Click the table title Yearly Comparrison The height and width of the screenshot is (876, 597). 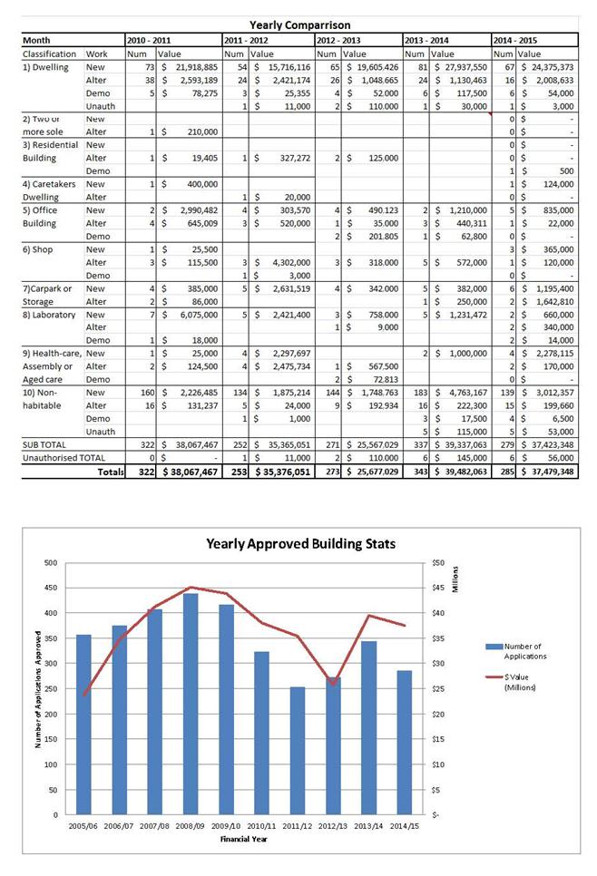tap(299, 25)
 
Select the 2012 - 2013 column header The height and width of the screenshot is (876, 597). tap(339, 41)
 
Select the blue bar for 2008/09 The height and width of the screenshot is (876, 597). tap(191, 704)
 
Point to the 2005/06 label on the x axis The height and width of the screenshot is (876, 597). tap(84, 827)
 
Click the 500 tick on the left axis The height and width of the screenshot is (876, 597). tap(50, 563)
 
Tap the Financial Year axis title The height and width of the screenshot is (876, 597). tap(242, 839)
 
